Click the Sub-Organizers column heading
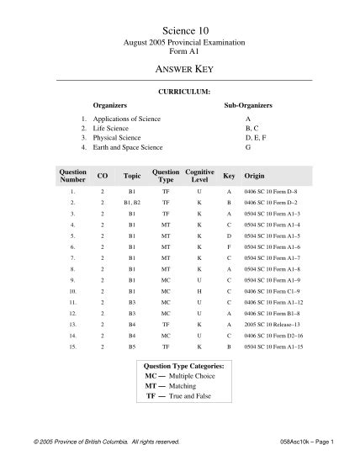pyautogui.click(x=248, y=106)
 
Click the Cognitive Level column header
pyautogui.click(x=199, y=175)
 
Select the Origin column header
pyautogui.click(x=254, y=177)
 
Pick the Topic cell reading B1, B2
pyautogui.click(x=132, y=203)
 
